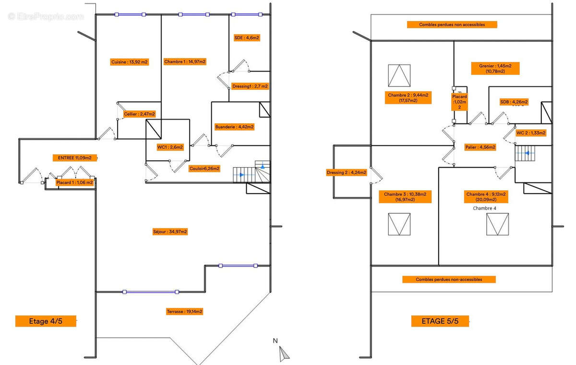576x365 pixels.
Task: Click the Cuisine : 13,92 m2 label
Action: pos(130,62)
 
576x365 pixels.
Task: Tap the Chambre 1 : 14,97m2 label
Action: pos(185,61)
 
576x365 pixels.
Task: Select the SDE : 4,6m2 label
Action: pos(247,37)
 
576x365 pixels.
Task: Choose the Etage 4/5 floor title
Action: pos(46,321)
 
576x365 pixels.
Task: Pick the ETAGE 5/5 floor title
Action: pos(440,321)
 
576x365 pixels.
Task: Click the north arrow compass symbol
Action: pos(284,353)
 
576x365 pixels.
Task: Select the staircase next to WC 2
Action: pos(525,154)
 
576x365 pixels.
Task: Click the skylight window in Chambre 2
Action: pos(399,75)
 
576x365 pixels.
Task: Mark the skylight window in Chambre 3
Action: pos(399,224)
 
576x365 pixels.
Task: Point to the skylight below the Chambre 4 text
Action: pos(497,224)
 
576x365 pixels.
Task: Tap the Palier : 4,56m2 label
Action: pos(480,147)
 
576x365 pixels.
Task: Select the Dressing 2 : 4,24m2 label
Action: pos(347,172)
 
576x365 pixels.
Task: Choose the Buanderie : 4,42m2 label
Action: pos(235,127)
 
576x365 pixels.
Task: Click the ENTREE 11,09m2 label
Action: pos(75,158)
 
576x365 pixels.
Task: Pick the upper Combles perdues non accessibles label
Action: pos(452,24)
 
